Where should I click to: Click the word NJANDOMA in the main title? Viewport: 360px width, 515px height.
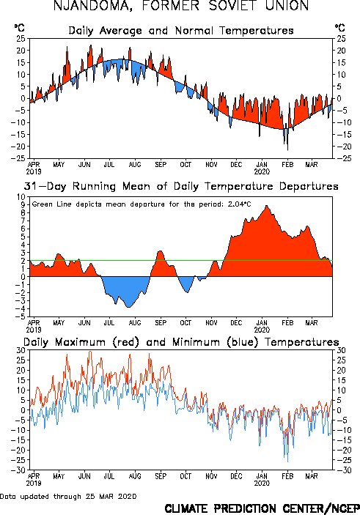tap(92, 6)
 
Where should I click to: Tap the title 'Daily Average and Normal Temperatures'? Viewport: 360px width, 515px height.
tap(181, 31)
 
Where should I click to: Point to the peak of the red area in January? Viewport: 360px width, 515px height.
tap(266, 206)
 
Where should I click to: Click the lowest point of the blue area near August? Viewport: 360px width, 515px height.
tap(128, 307)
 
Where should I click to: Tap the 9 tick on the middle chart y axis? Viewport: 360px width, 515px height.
tap(23, 204)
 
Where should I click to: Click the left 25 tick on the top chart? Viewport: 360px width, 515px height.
tap(21, 38)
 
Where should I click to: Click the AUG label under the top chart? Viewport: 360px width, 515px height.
tap(135, 164)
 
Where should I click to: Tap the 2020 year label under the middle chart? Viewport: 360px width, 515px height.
tap(262, 330)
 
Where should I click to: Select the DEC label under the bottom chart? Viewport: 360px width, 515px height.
tap(236, 476)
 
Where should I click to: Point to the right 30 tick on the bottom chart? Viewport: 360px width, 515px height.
tap(341, 350)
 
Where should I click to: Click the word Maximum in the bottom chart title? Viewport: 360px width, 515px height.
tap(80, 342)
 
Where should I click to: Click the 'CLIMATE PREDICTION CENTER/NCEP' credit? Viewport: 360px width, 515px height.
tap(262, 508)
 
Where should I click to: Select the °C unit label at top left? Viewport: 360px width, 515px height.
tap(19, 28)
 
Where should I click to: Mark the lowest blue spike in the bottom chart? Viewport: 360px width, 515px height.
tap(287, 461)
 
